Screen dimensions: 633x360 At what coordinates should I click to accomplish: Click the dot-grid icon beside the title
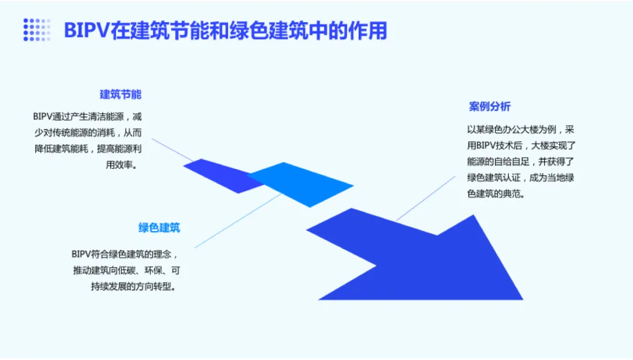[x=37, y=29]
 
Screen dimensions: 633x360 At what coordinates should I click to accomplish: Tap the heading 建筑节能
[x=120, y=94]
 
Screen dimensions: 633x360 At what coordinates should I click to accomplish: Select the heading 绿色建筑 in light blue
[x=159, y=227]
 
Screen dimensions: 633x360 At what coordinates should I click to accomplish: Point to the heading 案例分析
[x=489, y=106]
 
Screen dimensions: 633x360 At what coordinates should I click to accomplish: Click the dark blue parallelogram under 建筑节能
[x=220, y=175]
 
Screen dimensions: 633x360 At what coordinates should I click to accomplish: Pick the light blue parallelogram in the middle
[x=302, y=184]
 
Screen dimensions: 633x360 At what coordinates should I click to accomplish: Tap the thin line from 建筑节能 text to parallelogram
[x=170, y=150]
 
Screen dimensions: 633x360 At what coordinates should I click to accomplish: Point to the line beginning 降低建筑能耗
[x=87, y=148]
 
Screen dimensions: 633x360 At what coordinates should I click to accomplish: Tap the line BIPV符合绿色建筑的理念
[x=124, y=254]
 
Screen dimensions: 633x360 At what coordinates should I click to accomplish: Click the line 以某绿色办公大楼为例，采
[x=520, y=129]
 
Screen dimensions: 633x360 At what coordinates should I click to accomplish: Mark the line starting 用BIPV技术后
[x=520, y=145]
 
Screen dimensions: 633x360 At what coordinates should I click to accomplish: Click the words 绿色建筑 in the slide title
[x=266, y=30]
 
